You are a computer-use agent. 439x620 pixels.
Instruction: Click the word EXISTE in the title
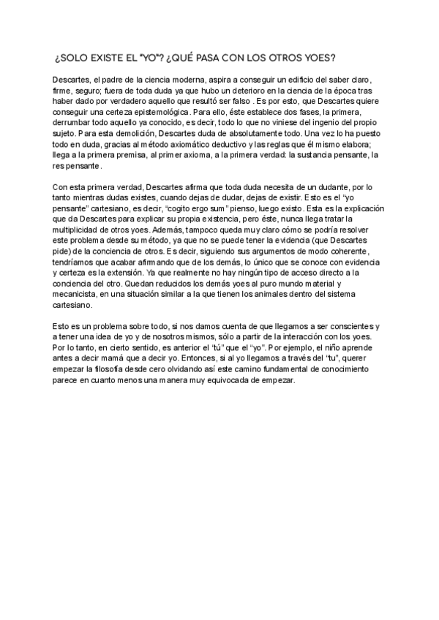click(x=110, y=58)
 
